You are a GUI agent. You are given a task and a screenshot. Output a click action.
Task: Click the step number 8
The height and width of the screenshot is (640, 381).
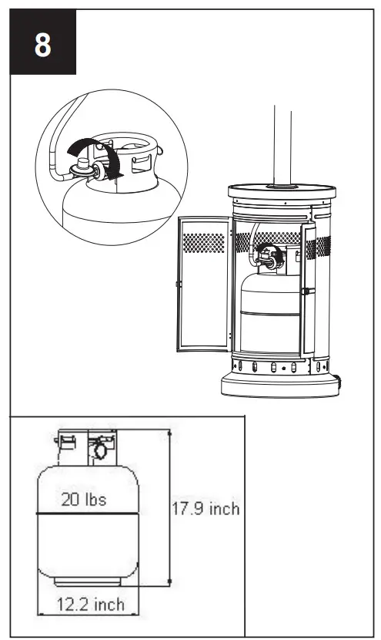coord(43,45)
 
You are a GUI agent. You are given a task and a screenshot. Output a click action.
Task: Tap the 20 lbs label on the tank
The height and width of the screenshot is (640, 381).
coord(84,499)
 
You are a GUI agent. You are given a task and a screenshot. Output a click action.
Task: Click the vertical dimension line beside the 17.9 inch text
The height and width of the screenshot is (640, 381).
coord(169,509)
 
